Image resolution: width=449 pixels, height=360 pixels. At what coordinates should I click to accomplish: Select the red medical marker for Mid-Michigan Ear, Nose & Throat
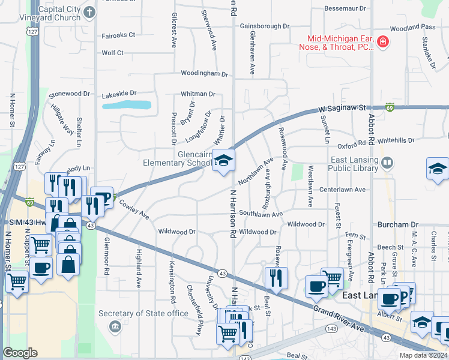click(382, 42)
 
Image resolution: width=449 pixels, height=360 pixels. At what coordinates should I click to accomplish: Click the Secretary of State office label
click(143, 313)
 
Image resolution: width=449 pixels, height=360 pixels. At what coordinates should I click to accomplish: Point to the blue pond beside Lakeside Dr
click(126, 105)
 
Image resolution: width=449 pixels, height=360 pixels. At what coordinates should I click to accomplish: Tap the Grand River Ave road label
click(339, 319)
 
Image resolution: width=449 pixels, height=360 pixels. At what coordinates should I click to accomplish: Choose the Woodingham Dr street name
click(205, 74)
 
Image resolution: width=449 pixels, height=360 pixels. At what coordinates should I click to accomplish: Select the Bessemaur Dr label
click(345, 8)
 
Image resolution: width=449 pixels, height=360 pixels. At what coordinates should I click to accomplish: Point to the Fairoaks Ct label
click(118, 35)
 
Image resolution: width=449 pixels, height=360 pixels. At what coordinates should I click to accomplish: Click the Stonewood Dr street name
click(69, 94)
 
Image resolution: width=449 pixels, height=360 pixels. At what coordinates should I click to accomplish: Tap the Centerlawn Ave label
click(342, 190)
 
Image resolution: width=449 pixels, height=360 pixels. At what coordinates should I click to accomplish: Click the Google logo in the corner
click(20, 353)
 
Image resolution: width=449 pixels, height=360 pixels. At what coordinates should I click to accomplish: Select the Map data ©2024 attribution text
click(423, 355)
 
